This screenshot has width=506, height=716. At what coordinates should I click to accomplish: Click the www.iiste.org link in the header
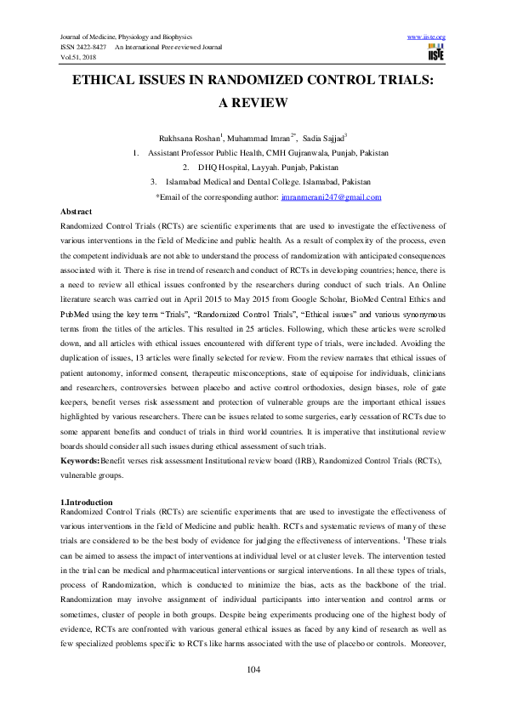(x=427, y=37)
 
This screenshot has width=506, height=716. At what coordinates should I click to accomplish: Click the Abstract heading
(x=77, y=210)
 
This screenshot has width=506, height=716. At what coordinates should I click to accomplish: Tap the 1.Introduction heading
(x=88, y=503)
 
